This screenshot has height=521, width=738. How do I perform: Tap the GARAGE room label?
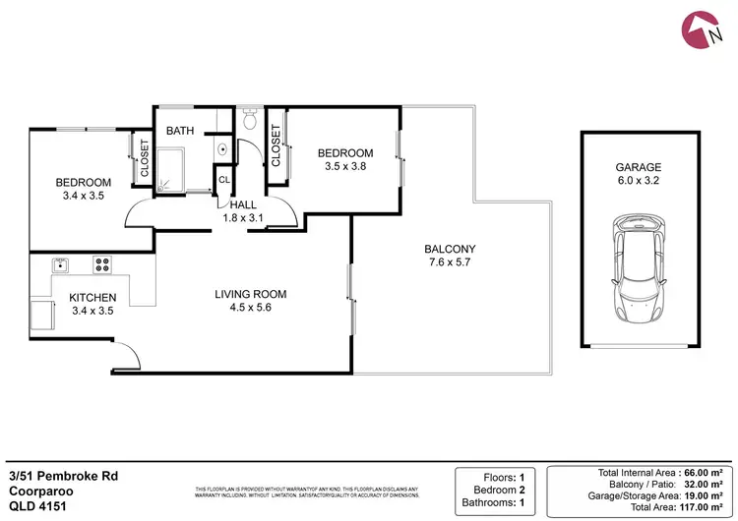[x=640, y=167]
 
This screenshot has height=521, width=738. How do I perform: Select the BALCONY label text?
[x=450, y=249]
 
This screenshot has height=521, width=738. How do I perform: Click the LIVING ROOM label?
[x=251, y=294]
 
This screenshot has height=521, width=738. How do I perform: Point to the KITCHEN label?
[x=92, y=298]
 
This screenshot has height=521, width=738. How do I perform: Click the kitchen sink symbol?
[x=59, y=263]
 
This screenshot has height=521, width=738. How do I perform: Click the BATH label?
[x=179, y=131]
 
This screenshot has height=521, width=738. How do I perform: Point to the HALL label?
[x=243, y=204]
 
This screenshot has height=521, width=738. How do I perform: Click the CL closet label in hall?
[x=224, y=180]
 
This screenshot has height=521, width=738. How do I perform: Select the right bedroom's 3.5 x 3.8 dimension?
[x=344, y=167]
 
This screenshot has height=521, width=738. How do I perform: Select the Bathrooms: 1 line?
[x=498, y=506]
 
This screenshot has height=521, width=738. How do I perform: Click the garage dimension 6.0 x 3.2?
[x=640, y=181]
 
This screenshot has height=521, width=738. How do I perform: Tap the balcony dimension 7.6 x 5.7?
[x=450, y=263]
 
